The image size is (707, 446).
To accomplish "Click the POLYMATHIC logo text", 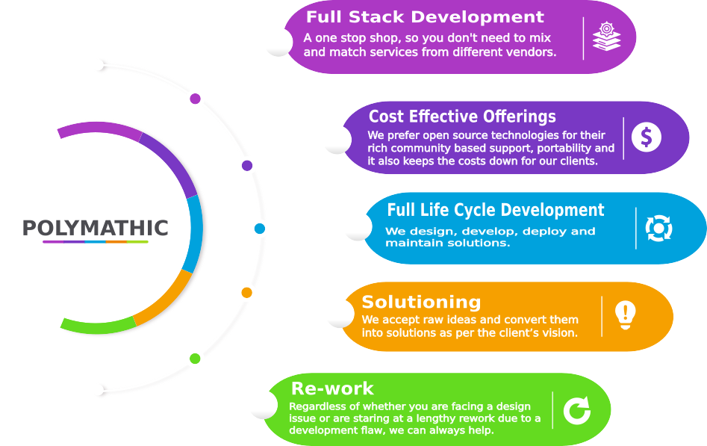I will coord(95,228).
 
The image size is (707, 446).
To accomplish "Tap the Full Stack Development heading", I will coord(425,17).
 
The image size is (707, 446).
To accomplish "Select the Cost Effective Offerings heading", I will coord(462,117).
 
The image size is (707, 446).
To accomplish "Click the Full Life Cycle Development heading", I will coord(496,210).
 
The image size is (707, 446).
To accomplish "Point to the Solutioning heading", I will coord(421,302).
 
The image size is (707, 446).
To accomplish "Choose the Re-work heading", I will coord(332,388).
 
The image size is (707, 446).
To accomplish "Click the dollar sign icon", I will coord(647,137).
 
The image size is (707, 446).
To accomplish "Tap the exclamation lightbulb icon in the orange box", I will coord(625,315).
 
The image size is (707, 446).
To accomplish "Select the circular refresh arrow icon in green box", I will coord(576,410).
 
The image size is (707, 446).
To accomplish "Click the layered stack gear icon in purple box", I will coord(607,37).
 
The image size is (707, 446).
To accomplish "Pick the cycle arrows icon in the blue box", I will coord(659,228).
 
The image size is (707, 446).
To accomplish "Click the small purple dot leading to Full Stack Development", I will coord(196,98).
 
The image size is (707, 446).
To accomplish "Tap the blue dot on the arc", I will coord(259,228).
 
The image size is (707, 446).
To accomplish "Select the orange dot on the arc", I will coord(246,292).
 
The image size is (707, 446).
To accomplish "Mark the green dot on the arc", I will coord(195,359).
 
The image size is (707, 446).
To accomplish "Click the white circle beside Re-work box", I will coord(263,404).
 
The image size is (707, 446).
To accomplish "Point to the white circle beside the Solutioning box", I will coord(340,313).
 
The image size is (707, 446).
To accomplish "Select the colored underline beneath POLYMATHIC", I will coord(95,242).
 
